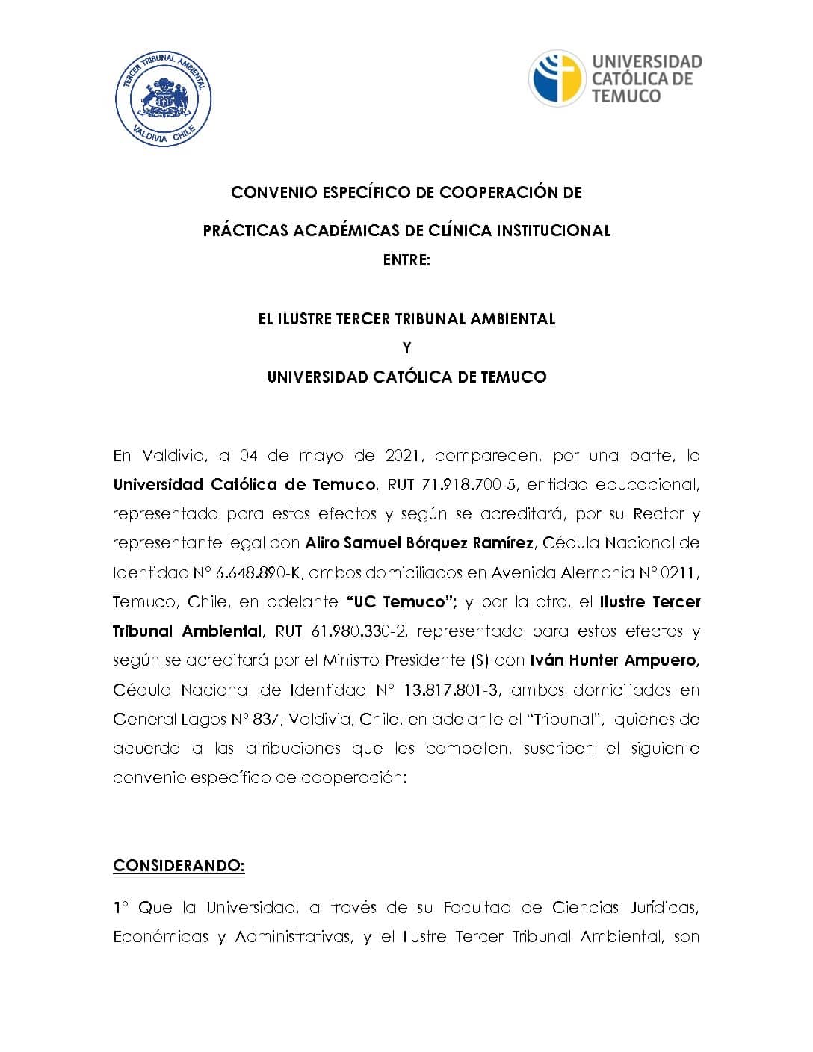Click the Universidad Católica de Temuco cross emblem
[x=557, y=78]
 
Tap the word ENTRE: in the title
[x=406, y=261]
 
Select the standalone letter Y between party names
[x=406, y=348]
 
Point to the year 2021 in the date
[x=403, y=456]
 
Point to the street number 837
[x=266, y=720]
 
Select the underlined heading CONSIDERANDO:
[x=179, y=866]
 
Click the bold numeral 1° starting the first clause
[x=120, y=908]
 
